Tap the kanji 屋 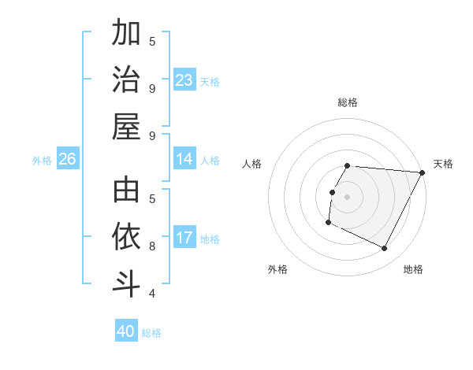[126, 126]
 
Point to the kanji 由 [126, 191]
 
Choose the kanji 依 [126, 237]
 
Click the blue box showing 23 [184, 80]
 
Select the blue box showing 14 [184, 160]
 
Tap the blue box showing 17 [184, 239]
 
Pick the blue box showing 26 [68, 160]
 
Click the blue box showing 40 [126, 331]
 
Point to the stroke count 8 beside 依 [152, 246]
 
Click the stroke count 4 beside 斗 [152, 294]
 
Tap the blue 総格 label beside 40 [151, 333]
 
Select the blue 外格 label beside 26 [42, 161]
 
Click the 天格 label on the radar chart [444, 164]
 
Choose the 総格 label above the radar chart [348, 102]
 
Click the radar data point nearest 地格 [385, 249]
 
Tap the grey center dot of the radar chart [347, 197]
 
